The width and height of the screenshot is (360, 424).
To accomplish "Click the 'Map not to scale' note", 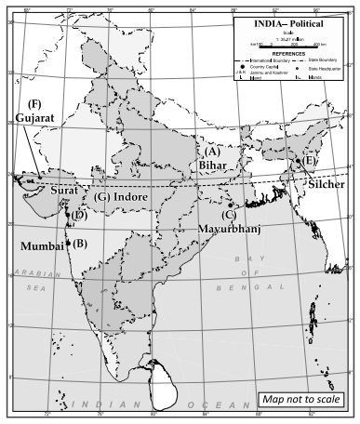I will point(306,399).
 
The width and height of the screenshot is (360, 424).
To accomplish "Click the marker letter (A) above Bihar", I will point(212,151).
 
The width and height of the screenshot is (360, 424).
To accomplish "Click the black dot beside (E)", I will point(298,161).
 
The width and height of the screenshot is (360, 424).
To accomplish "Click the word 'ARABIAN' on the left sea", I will point(38,275).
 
